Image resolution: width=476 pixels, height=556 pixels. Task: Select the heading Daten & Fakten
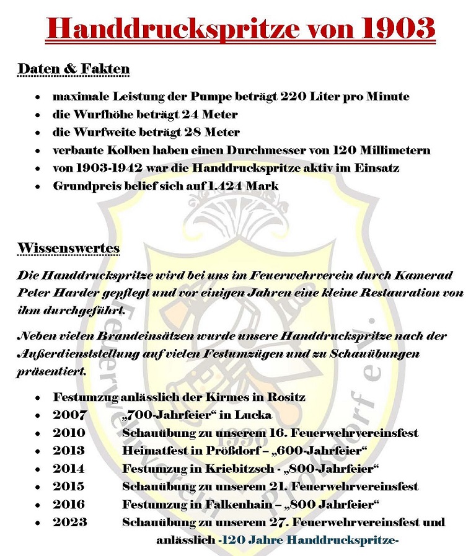click(73, 68)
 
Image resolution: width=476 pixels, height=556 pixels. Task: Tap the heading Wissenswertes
click(68, 248)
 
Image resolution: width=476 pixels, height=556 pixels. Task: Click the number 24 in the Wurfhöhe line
click(190, 115)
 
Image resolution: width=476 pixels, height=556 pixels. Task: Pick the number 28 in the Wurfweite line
click(192, 133)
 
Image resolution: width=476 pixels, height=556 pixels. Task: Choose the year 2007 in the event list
click(69, 415)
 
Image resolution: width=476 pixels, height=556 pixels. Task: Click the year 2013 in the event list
click(69, 451)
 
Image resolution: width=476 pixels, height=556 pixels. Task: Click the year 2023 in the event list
click(69, 523)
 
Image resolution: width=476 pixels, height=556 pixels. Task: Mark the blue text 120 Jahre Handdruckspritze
click(308, 540)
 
